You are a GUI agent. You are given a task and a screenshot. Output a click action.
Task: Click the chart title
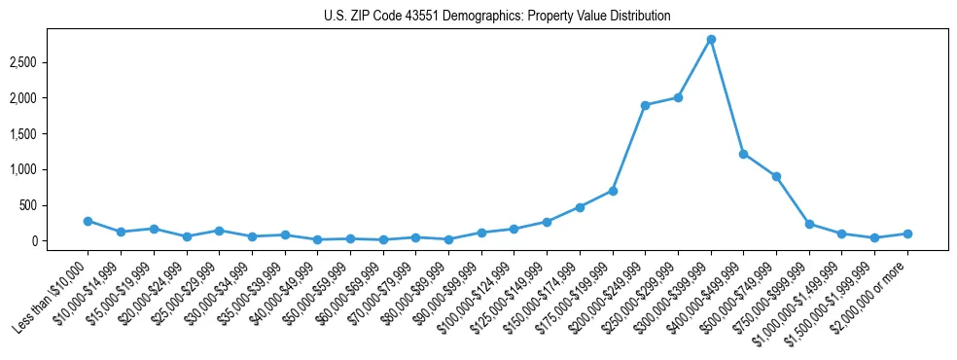tap(497, 17)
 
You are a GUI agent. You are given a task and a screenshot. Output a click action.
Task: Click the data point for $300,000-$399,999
tap(711, 39)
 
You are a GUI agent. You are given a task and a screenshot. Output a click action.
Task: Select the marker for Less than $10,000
tap(88, 221)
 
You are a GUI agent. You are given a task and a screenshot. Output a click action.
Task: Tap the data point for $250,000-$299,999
tap(678, 97)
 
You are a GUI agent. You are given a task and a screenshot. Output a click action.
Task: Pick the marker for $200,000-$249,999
tap(645, 105)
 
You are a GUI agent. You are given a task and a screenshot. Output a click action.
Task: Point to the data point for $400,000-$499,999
tap(744, 154)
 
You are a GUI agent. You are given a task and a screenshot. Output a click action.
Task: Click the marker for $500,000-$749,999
tap(776, 176)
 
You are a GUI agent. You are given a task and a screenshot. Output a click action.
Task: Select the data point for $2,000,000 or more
tap(907, 234)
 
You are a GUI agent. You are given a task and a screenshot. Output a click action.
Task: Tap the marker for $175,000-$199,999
tap(613, 191)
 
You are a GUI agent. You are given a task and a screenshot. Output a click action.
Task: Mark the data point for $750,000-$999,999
tap(809, 224)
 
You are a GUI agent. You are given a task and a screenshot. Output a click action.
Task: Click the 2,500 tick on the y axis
tap(51, 62)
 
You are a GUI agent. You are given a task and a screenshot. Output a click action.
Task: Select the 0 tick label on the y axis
tap(59, 241)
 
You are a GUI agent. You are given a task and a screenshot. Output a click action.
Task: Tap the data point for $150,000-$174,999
tap(580, 207)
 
